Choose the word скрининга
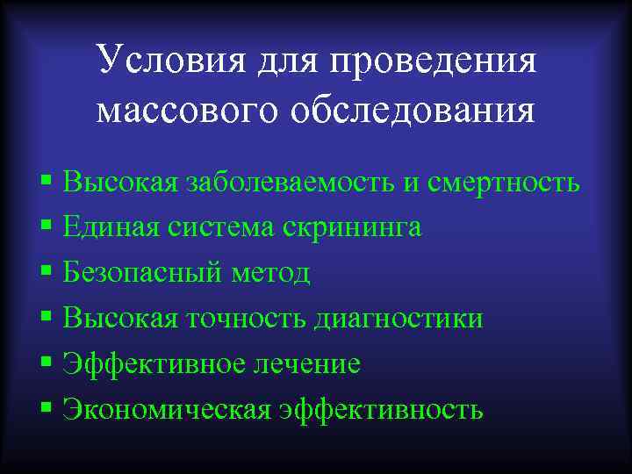coord(352,227)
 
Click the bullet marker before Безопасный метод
coord(46,273)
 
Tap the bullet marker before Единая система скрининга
coord(46,227)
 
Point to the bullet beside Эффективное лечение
coord(46,363)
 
